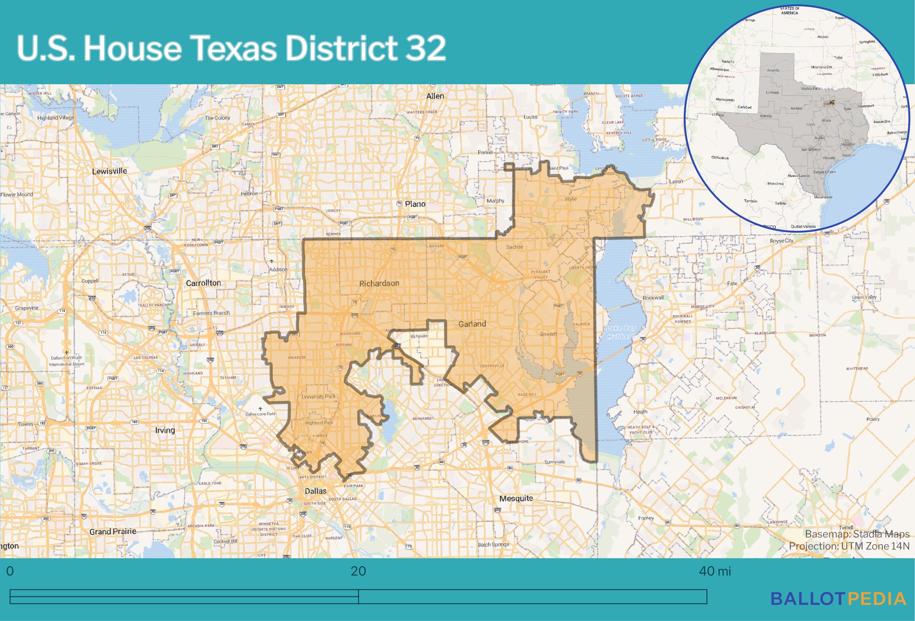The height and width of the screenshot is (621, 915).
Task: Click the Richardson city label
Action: [x=379, y=283]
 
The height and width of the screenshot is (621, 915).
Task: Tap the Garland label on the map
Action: [x=472, y=324]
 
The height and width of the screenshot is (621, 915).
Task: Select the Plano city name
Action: [x=415, y=204]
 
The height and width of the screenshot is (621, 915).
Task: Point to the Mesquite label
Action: [x=516, y=498]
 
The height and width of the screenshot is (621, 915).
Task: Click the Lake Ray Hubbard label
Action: [x=621, y=332]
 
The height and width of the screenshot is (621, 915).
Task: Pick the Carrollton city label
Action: [x=203, y=283]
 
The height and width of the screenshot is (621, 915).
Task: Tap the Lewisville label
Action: [x=109, y=171]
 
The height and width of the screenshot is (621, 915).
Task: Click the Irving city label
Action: [x=165, y=430]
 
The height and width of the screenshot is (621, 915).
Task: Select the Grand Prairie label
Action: [x=112, y=532]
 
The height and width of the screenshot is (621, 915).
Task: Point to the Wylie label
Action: [x=570, y=199]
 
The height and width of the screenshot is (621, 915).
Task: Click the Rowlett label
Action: [x=549, y=334]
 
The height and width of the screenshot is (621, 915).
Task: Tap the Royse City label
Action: [x=781, y=241]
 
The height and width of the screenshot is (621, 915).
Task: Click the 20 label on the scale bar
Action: [x=358, y=571]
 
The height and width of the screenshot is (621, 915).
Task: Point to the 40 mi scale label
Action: [x=715, y=571]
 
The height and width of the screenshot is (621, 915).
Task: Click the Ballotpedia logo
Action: [x=838, y=599]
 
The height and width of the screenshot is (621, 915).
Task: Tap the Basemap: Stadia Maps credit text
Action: [x=857, y=534]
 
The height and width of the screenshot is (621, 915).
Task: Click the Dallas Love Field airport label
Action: [x=260, y=414]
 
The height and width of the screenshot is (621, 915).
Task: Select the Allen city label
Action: [x=435, y=96]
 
